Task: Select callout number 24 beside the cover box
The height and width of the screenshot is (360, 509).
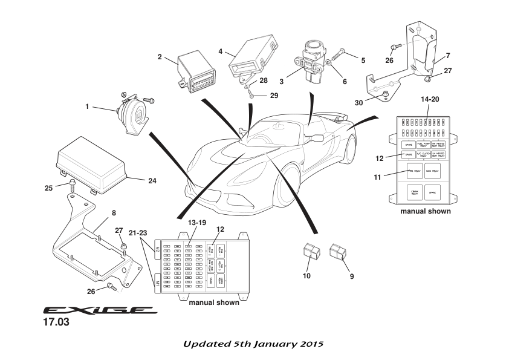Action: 152,180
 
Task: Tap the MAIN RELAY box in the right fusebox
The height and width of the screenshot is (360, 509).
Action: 432,170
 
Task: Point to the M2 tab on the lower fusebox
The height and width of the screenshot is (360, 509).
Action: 158,248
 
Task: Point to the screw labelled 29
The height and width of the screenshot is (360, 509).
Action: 251,95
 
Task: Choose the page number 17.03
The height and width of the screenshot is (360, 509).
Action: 56,323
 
